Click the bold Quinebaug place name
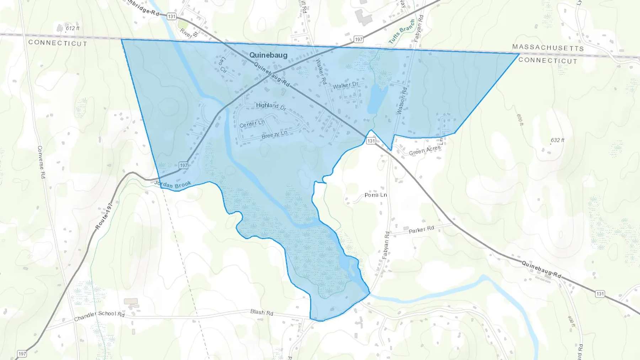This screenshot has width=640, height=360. [268, 55]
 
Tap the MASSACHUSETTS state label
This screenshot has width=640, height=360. [548, 48]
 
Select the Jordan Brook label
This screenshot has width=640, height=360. [173, 184]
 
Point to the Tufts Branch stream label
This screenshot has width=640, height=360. [402, 32]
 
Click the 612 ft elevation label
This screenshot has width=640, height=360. [73, 28]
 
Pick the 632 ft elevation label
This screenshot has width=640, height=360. [557, 140]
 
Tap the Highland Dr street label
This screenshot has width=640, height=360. [271, 106]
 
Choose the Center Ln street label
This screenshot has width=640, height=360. [252, 124]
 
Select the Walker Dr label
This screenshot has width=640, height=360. [346, 85]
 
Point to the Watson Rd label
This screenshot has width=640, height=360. [402, 101]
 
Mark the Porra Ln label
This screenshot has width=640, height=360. [375, 195]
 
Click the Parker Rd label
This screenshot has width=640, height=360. [421, 230]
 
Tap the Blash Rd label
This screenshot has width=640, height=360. [262, 312]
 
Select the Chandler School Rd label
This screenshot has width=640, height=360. [99, 315]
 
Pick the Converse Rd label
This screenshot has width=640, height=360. [41, 162]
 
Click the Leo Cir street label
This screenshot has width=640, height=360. [223, 65]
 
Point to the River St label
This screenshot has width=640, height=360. [189, 33]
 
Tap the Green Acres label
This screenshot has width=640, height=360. [425, 151]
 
